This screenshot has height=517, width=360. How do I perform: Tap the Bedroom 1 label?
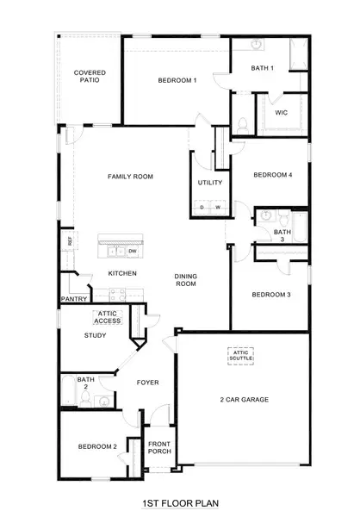[177, 80]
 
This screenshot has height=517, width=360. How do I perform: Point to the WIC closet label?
[281, 112]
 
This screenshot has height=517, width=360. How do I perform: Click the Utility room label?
[210, 183]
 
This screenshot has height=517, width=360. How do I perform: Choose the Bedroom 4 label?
[273, 175]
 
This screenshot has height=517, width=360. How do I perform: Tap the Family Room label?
[130, 177]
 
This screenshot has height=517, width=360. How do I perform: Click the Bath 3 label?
[282, 236]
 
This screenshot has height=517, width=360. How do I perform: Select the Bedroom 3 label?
[271, 295]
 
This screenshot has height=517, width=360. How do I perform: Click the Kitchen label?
[122, 273]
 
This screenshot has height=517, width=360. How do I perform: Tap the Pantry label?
[72, 299]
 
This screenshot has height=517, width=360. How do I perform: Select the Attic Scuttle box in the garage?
[244, 355]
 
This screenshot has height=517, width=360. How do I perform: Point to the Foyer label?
[148, 382]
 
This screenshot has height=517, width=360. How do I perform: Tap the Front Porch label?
[159, 448]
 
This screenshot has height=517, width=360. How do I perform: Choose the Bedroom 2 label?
[97, 446]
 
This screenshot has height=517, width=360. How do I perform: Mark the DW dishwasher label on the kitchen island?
[133, 251]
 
